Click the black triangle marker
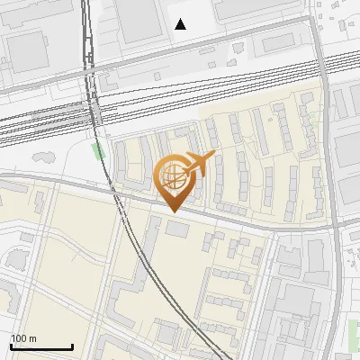click(181, 24)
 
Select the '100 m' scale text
click(24, 338)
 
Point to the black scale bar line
click(41, 347)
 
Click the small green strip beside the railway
click(98, 149)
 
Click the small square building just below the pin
click(176, 231)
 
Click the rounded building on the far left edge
click(16, 260)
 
